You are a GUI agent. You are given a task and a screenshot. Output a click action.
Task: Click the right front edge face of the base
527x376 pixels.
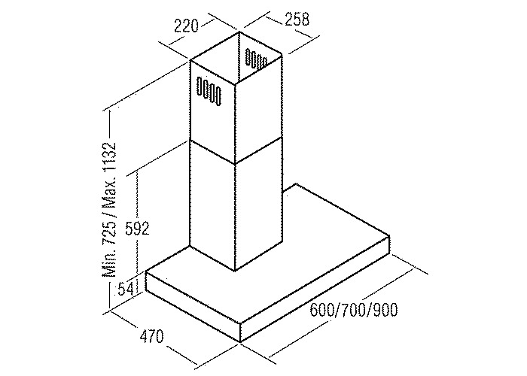pos(316,290)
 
